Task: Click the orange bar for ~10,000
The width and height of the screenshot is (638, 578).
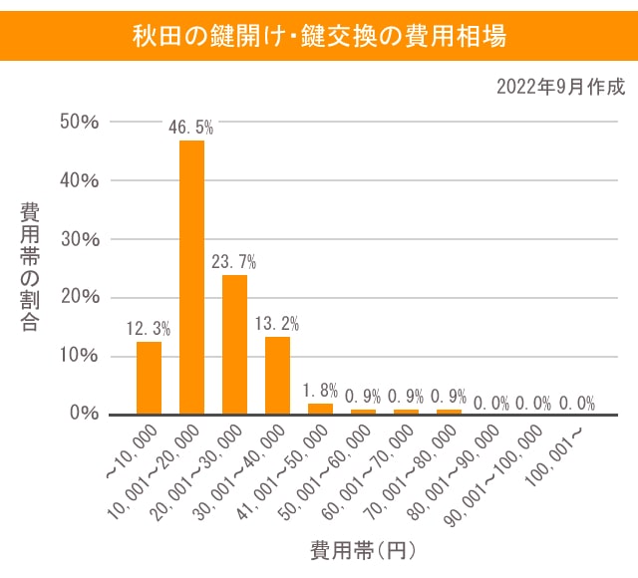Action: pyautogui.click(x=149, y=378)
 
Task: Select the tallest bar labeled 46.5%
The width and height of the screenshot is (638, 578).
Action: pyautogui.click(x=191, y=277)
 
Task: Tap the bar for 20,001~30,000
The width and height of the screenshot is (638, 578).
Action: pyautogui.click(x=234, y=344)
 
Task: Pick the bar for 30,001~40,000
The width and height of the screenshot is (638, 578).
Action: pyautogui.click(x=277, y=375)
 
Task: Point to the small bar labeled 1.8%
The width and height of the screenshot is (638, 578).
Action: pyautogui.click(x=320, y=409)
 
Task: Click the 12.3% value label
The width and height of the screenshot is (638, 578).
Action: pyautogui.click(x=149, y=327)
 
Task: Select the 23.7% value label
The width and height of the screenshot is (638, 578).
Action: pyautogui.click(x=234, y=261)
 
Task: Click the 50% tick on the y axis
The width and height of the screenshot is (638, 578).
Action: pyautogui.click(x=80, y=123)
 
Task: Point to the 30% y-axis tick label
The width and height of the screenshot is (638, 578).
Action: pyautogui.click(x=80, y=239)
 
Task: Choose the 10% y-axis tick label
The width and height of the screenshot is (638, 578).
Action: pyautogui.click(x=80, y=356)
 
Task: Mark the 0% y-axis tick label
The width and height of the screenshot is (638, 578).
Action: pyautogui.click(x=85, y=414)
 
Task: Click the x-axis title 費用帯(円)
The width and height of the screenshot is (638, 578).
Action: pyautogui.click(x=362, y=549)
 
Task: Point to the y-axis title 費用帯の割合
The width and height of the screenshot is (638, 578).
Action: pyautogui.click(x=30, y=266)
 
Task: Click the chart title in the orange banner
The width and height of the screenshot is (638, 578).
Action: pyautogui.click(x=319, y=37)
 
